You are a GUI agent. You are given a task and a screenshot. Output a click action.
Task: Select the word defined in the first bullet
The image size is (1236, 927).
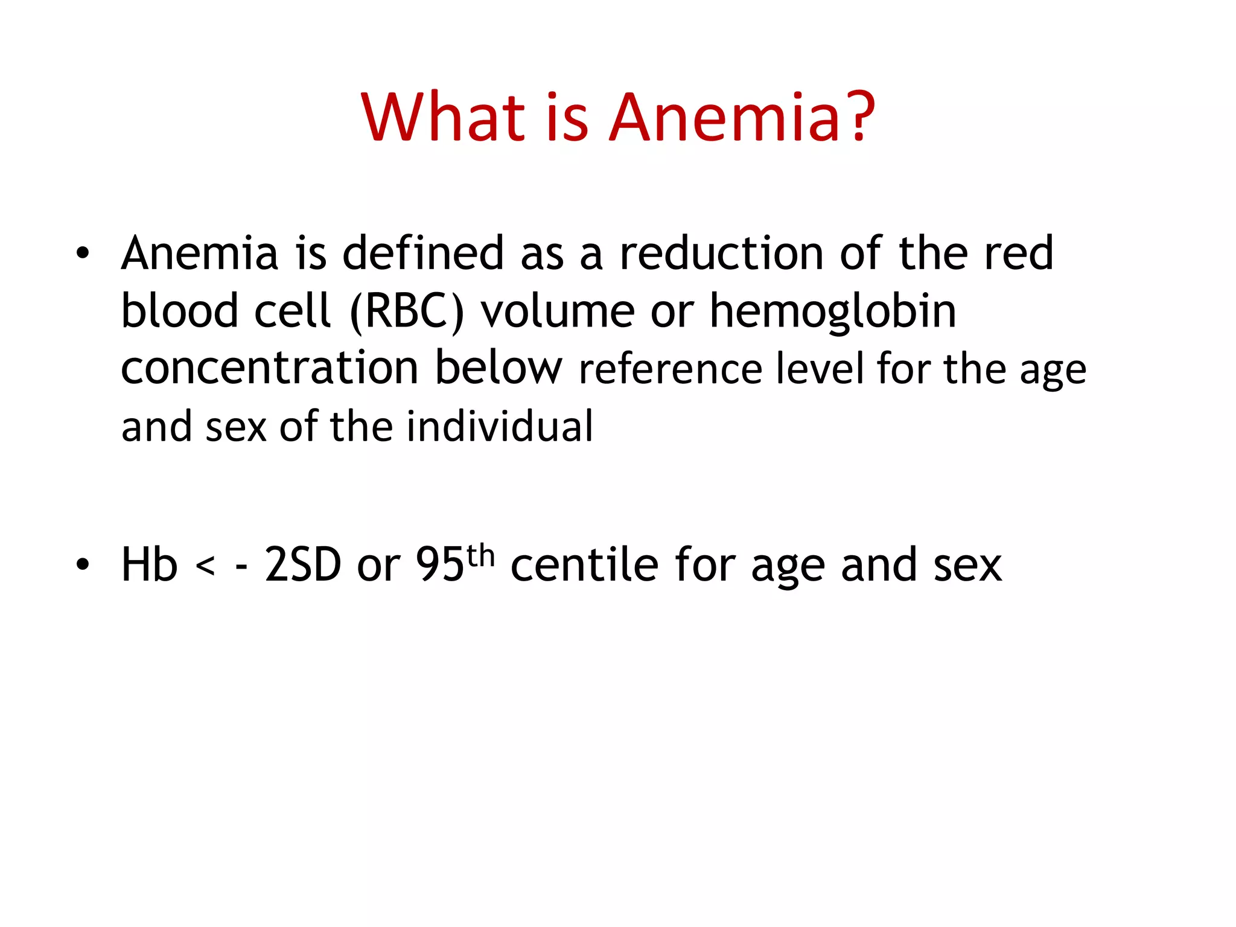point(423,253)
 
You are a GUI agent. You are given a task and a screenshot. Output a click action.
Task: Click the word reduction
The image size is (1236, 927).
point(722,253)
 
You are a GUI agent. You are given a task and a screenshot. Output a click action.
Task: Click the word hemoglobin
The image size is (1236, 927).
point(833,311)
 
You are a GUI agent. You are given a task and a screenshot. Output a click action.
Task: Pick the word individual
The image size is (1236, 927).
point(500,426)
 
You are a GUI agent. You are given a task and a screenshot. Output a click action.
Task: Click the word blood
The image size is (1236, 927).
point(179,311)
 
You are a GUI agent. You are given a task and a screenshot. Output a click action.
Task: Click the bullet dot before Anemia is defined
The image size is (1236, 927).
point(83,253)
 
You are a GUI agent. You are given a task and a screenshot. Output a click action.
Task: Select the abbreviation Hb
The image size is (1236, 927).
point(149,565)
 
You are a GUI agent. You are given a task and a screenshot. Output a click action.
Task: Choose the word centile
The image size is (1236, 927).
point(584,565)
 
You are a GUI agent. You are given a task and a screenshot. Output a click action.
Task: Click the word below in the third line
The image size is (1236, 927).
point(499,368)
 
